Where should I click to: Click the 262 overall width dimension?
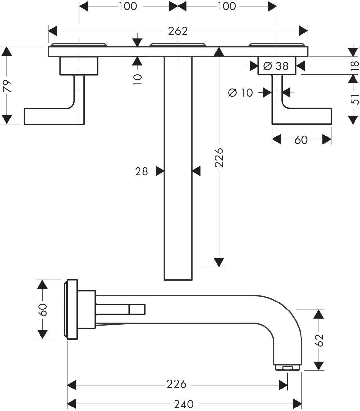178,31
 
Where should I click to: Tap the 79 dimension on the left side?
7,86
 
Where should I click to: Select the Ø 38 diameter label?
276,66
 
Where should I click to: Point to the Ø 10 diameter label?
240,92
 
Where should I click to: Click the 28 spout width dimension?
141,171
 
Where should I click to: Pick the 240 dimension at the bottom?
184,404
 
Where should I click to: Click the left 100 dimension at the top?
128,6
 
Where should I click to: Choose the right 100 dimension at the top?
227,6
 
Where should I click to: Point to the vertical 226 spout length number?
219,157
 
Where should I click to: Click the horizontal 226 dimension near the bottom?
176,384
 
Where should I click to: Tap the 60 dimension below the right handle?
301,140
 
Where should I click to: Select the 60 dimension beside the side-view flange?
42,310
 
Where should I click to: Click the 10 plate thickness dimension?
138,80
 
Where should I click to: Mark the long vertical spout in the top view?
178,169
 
